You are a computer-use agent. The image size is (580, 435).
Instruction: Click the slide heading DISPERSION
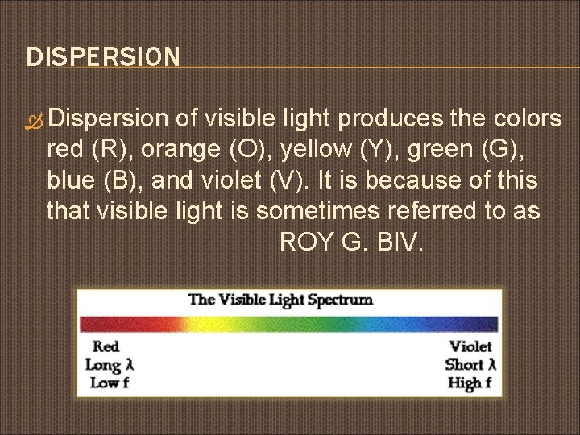pyautogui.click(x=103, y=57)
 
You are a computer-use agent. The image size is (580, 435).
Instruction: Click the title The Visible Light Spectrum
pyautogui.click(x=280, y=300)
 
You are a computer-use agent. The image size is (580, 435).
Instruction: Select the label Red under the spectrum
pyautogui.click(x=106, y=346)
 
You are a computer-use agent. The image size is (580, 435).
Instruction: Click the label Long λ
pyautogui.click(x=110, y=364)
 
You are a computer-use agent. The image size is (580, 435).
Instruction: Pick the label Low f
pyautogui.click(x=106, y=382)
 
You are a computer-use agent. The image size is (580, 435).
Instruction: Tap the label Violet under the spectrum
pyautogui.click(x=470, y=346)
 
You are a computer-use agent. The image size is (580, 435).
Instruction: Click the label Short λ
pyautogui.click(x=470, y=364)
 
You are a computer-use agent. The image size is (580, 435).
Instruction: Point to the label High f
pyautogui.click(x=470, y=382)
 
